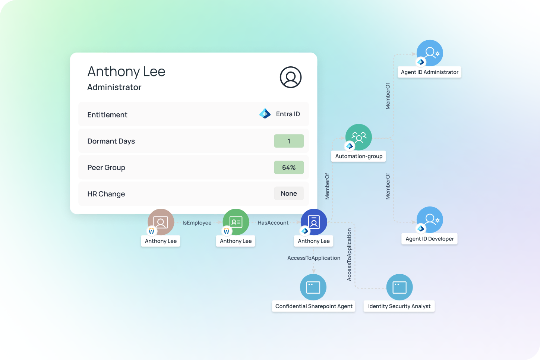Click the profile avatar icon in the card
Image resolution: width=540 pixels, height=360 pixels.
(290, 77)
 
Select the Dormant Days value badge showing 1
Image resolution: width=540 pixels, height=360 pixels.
(289, 141)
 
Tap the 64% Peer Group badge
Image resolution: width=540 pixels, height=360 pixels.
(289, 167)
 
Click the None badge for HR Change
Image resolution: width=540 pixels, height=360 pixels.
(289, 193)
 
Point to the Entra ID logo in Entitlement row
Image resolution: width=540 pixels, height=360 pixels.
(265, 114)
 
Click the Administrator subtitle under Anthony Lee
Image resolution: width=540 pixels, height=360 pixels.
(114, 87)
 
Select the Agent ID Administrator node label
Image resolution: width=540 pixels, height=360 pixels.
(429, 72)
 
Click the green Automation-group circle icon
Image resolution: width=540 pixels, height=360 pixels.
(359, 137)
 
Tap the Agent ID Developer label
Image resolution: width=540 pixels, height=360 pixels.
(429, 239)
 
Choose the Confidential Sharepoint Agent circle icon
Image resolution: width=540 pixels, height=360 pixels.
(313, 287)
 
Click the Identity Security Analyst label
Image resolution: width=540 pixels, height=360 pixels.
(399, 306)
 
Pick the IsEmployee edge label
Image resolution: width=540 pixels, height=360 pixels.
(197, 223)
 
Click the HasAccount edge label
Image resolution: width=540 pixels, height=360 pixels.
(273, 223)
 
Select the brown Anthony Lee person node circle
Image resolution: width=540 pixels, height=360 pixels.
(161, 222)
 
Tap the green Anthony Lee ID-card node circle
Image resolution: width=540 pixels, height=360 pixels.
(236, 222)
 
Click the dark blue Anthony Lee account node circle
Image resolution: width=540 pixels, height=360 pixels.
(314, 222)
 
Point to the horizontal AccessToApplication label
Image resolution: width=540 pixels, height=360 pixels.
(314, 258)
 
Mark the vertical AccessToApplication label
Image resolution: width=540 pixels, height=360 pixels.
(349, 255)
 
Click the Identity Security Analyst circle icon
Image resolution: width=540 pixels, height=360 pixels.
(400, 287)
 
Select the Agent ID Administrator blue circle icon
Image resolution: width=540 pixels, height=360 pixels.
(430, 53)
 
